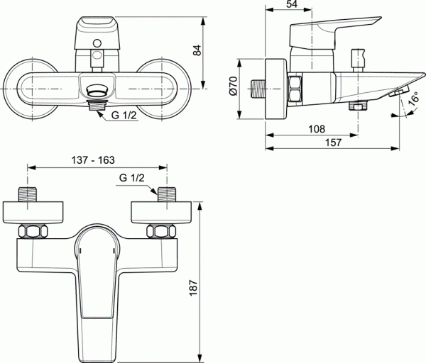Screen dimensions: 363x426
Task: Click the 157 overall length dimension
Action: coord(334,143)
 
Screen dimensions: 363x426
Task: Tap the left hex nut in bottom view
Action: coord(32,231)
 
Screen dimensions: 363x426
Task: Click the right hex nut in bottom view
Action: coord(160,231)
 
